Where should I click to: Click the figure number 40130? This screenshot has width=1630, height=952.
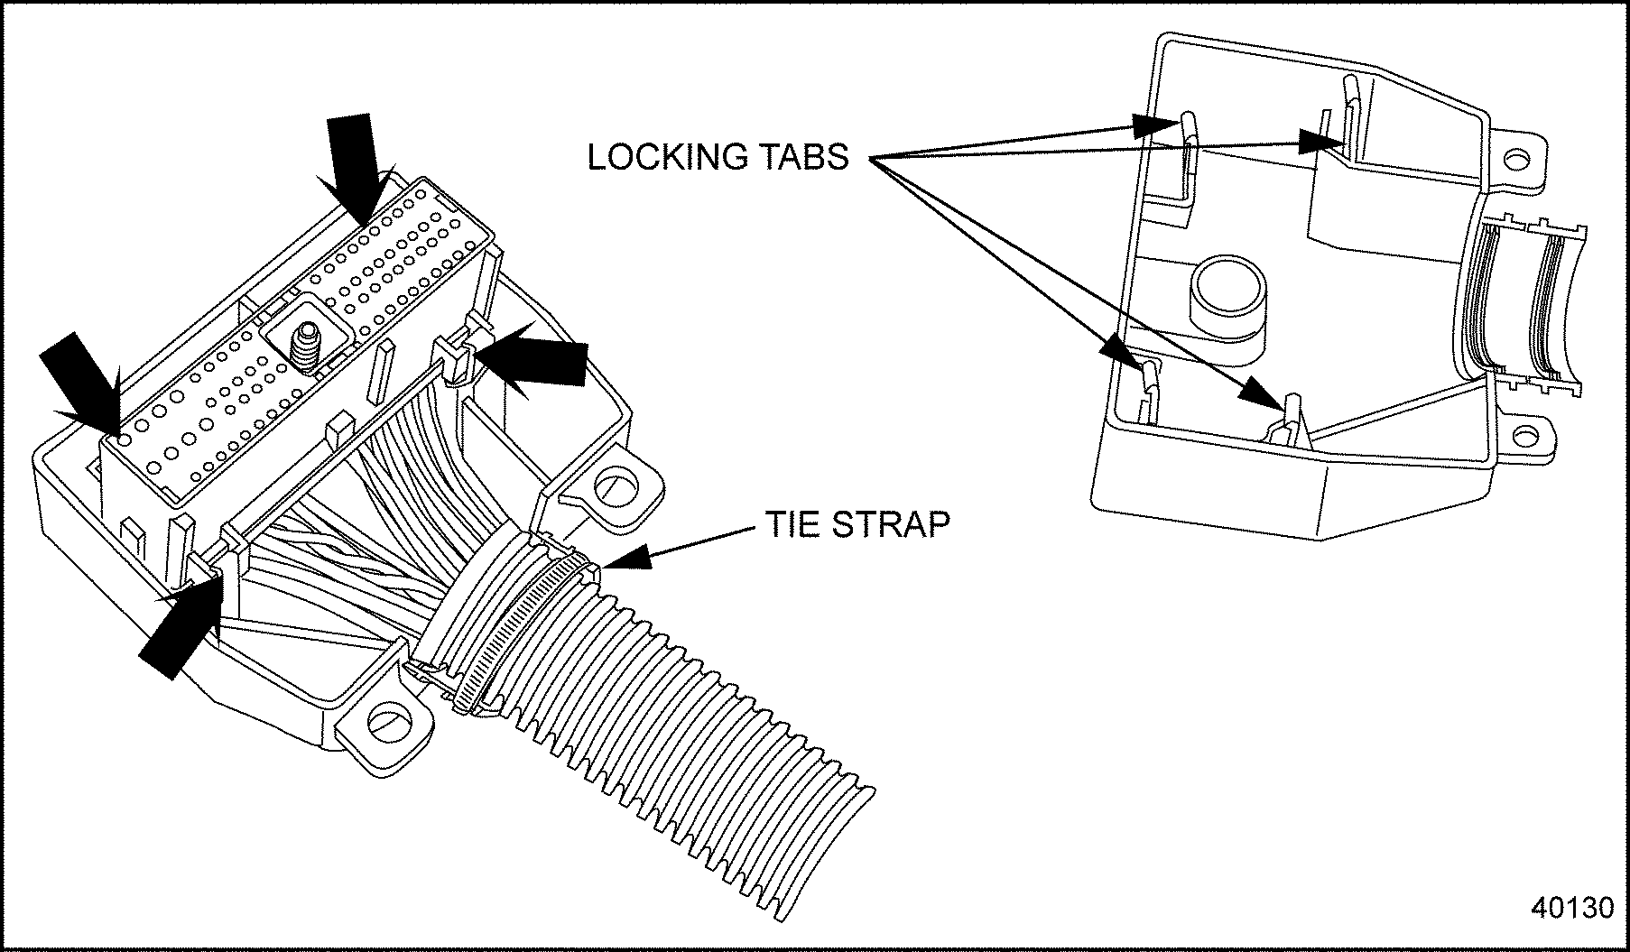click(1571, 907)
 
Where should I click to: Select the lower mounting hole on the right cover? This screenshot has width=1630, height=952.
click(1524, 438)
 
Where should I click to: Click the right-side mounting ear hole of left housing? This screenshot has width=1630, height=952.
click(616, 487)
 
